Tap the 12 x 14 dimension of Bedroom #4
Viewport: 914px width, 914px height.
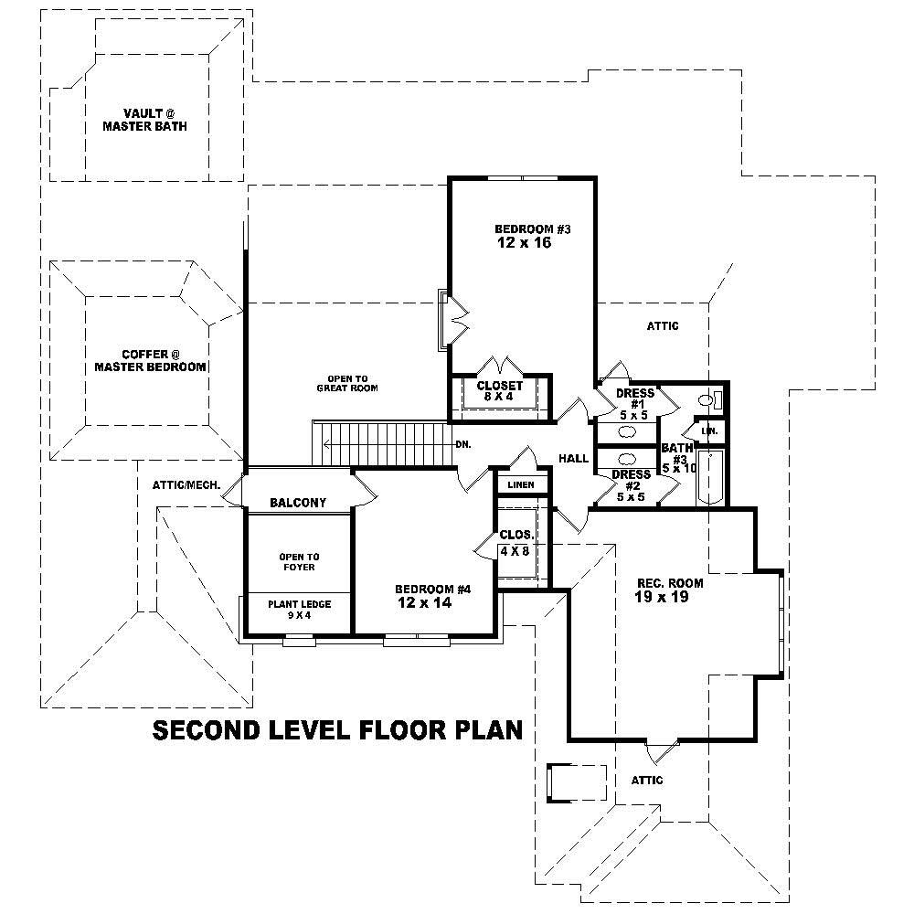pos(424,603)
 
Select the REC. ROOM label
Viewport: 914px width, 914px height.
pos(664,582)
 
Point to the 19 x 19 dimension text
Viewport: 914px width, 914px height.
pos(663,597)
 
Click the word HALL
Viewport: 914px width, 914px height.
pos(573,459)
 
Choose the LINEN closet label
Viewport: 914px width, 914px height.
pos(522,484)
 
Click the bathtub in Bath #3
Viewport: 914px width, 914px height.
pos(710,476)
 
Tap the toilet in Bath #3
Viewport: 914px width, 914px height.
pos(707,399)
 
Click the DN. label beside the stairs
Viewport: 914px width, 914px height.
pos(462,444)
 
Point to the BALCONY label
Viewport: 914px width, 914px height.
pos(298,503)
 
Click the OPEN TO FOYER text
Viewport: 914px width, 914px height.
pos(298,561)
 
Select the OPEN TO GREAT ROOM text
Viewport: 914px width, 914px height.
pos(347,383)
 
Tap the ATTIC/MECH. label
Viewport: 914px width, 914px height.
pos(186,484)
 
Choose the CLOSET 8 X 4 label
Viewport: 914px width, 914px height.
pos(499,391)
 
